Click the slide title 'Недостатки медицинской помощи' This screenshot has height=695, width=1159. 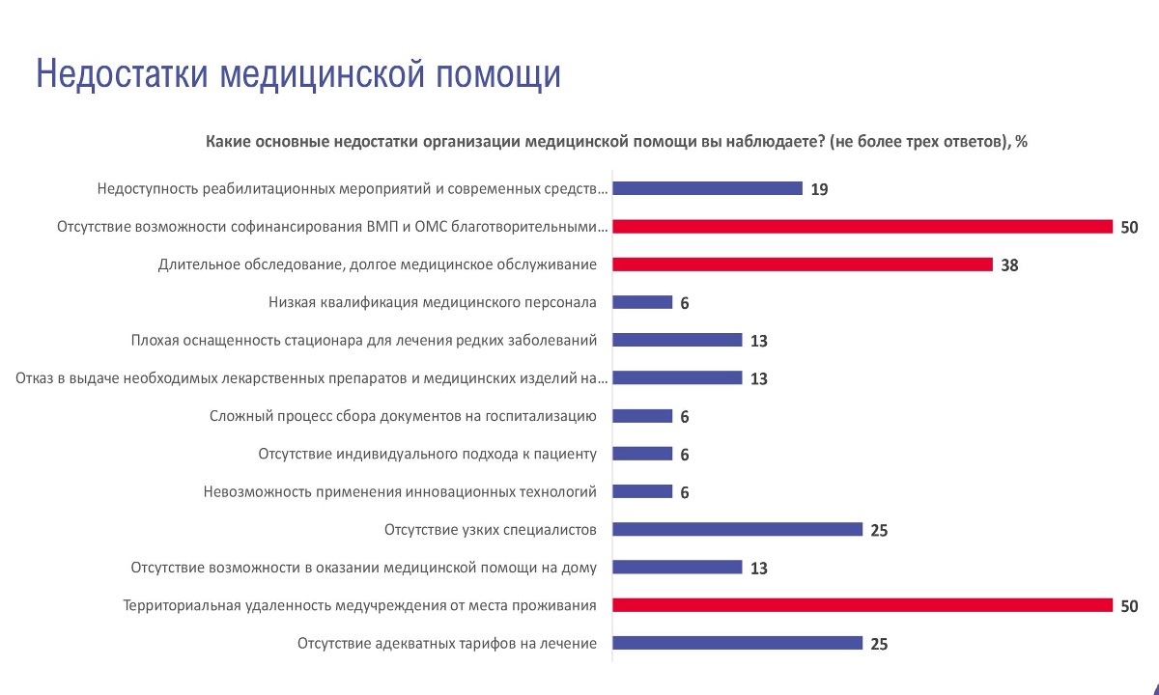(x=297, y=74)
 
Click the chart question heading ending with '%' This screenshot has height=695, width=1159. (x=616, y=142)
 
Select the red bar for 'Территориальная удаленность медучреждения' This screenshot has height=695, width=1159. (x=862, y=605)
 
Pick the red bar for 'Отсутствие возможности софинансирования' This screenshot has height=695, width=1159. (x=862, y=227)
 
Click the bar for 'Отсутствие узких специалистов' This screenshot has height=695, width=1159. (x=738, y=529)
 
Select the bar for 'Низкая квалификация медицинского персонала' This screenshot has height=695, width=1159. (x=643, y=302)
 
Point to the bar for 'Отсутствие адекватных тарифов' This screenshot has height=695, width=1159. (x=738, y=643)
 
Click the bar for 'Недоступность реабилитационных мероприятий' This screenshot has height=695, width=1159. (x=708, y=188)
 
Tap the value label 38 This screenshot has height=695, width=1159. (x=1009, y=265)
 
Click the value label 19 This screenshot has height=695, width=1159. (x=819, y=189)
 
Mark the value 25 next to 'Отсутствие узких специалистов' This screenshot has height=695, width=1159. (x=878, y=530)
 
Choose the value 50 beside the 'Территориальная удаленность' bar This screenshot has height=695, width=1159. (x=1129, y=606)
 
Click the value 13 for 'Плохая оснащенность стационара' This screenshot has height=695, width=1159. (x=758, y=341)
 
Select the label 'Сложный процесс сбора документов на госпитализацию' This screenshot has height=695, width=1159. (x=403, y=416)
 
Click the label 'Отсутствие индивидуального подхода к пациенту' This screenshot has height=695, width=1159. (x=428, y=454)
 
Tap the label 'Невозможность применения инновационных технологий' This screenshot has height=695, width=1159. (x=400, y=491)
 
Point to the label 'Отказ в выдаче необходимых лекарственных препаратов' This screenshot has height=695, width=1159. (x=312, y=378)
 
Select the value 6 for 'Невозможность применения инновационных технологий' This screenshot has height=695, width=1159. (x=684, y=492)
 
